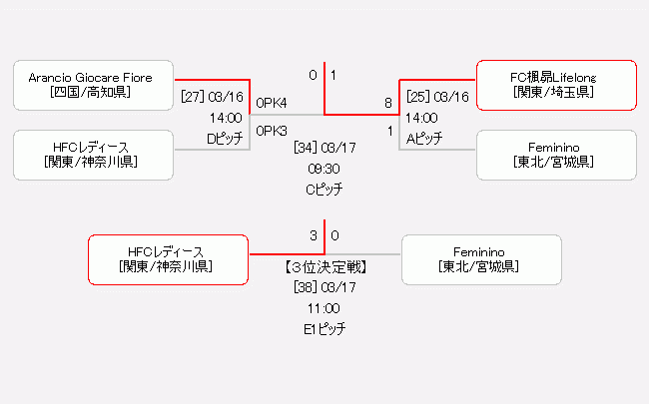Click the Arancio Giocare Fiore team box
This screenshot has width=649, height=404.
point(94,85)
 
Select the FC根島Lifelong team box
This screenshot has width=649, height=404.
point(556,85)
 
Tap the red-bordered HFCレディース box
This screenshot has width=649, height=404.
point(167,259)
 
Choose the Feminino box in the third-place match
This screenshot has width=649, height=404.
point(482,259)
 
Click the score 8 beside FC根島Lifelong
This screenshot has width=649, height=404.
point(388,103)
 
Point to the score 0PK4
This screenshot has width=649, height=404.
point(272,103)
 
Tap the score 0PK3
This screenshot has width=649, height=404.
point(272,131)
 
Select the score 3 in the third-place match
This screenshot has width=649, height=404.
point(313,236)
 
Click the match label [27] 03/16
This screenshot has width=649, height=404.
point(212,97)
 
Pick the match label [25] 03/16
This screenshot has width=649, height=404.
point(437,97)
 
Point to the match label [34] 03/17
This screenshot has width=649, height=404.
point(324,148)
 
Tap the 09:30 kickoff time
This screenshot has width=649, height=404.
point(324,169)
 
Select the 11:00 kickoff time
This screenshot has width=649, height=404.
point(324,308)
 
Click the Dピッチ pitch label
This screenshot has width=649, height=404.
point(225,139)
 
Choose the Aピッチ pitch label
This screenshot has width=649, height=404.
point(424,139)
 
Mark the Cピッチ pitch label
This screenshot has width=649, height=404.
point(324,189)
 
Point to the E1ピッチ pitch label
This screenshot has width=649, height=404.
point(324,328)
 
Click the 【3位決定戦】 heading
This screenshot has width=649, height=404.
point(324,267)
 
